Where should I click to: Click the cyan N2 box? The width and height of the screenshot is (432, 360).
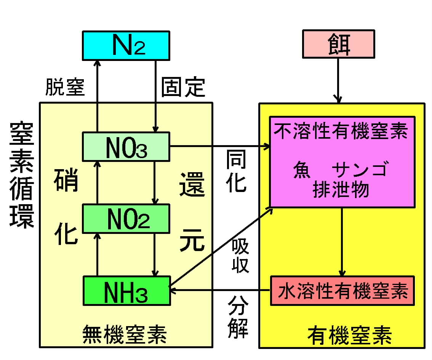click(126, 45)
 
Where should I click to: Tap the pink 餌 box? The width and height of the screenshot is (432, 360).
click(338, 44)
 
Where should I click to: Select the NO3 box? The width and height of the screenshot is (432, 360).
click(126, 146)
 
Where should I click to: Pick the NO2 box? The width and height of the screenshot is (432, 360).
click(126, 218)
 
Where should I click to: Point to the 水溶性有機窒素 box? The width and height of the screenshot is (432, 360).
click(342, 291)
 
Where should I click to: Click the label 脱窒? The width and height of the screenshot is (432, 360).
click(65, 87)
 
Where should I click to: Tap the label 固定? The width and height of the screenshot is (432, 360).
click(183, 87)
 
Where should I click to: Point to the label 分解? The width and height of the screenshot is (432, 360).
click(238, 318)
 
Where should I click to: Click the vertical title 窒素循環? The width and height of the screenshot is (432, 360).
click(21, 175)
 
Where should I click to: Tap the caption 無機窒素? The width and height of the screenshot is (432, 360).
click(125, 335)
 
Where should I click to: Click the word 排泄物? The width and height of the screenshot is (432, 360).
click(341, 189)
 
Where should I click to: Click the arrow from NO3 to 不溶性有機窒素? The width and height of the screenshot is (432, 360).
click(219, 146)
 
